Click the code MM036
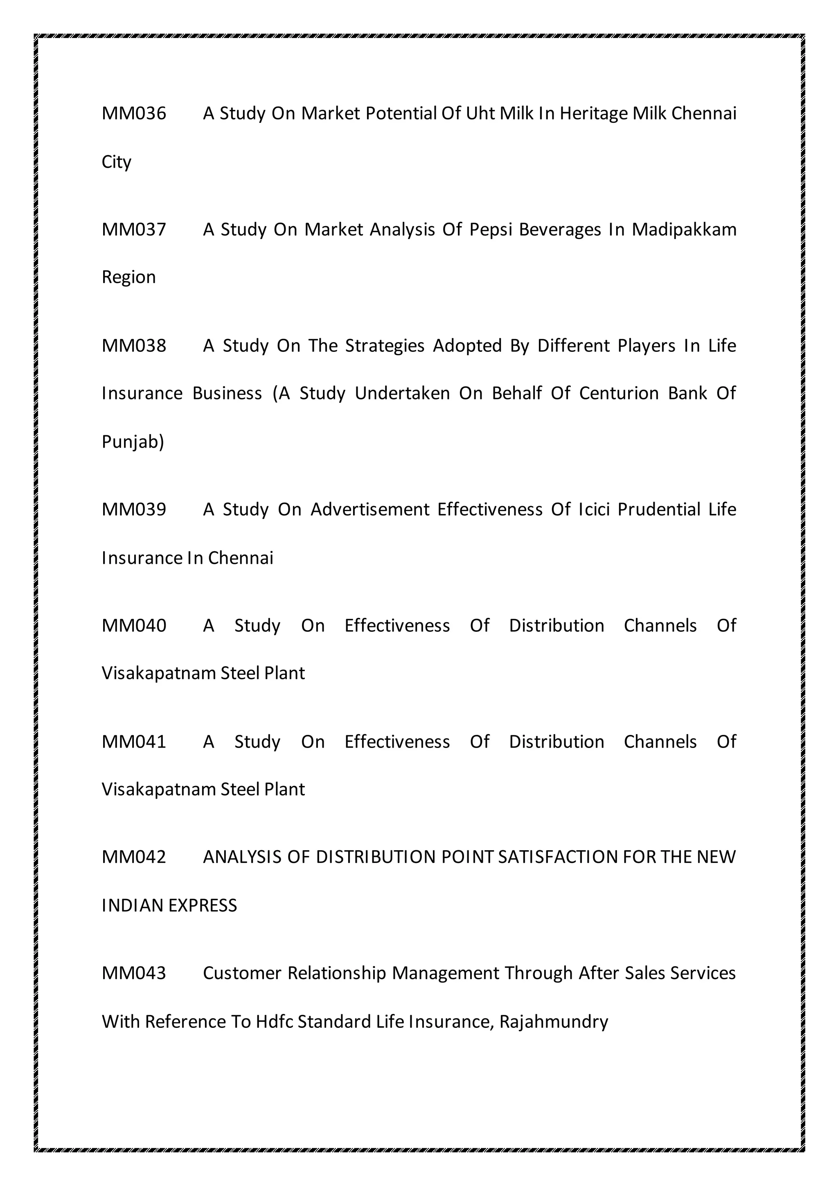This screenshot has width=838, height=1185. click(x=134, y=113)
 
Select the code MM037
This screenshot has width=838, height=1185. click(x=134, y=230)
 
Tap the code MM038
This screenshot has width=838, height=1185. click(x=134, y=346)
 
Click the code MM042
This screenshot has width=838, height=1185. click(x=134, y=857)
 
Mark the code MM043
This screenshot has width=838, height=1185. click(x=134, y=973)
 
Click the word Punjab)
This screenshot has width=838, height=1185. click(x=133, y=442)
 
